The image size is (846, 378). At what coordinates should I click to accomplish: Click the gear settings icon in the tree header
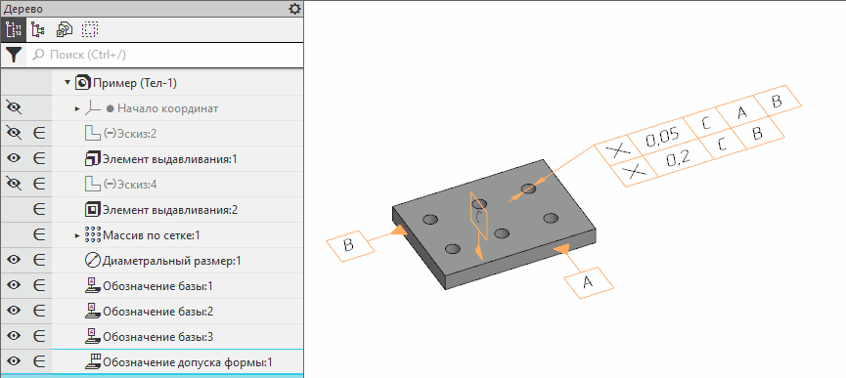pos(294,9)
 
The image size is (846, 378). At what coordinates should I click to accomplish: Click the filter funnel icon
pos(14,55)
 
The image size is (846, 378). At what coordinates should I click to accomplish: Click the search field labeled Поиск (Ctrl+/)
pos(164,55)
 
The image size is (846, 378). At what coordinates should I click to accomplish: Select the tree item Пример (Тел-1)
pos(135,83)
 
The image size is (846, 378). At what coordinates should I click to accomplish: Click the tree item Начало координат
pos(168,108)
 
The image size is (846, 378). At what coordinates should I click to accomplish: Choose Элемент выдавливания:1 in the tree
pos(170,159)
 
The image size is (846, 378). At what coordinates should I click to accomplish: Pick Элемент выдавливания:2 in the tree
pos(170,209)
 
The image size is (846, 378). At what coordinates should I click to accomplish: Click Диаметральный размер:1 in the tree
pos(171,261)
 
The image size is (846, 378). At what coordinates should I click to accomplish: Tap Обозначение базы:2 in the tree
pos(157,312)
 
